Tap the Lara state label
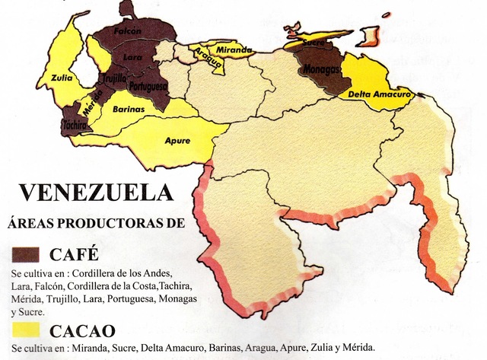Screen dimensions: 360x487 (x=133, y=56)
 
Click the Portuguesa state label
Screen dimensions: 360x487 (x=148, y=86)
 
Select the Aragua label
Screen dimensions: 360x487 (x=207, y=59)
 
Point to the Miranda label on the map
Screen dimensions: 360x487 (x=234, y=50)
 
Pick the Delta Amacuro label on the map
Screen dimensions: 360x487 (x=379, y=94)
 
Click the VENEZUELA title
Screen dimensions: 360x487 (x=96, y=193)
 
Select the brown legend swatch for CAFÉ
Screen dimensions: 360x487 (x=29, y=254)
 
